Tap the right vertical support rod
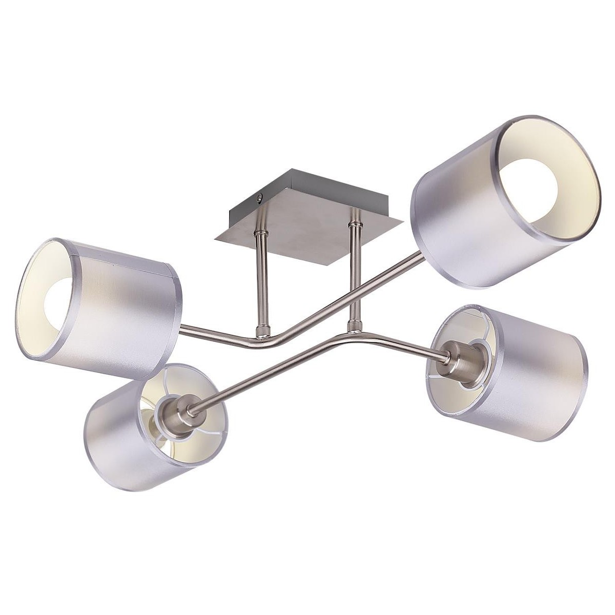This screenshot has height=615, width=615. click(353, 277)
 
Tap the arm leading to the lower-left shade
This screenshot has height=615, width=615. click(266, 374)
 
